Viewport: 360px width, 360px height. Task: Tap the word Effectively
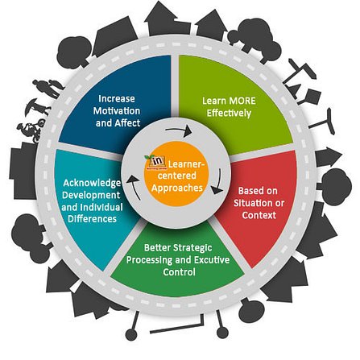pyautogui.click(x=229, y=114)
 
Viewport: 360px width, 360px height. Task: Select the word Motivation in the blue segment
pyautogui.click(x=117, y=111)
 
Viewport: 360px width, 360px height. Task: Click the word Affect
pyautogui.click(x=127, y=123)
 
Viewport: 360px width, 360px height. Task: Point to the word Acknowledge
pyautogui.click(x=92, y=183)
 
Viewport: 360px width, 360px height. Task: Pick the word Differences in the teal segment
pyautogui.click(x=92, y=218)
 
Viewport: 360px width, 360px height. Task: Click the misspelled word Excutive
pyautogui.click(x=212, y=260)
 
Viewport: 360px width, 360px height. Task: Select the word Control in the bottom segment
pyautogui.click(x=179, y=272)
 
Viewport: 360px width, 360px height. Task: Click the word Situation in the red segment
pyautogui.click(x=250, y=203)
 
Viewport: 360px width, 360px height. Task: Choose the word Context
pyautogui.click(x=259, y=215)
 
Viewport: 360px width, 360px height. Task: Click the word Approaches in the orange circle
pyautogui.click(x=176, y=188)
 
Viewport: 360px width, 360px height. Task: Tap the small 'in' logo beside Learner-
pyautogui.click(x=155, y=162)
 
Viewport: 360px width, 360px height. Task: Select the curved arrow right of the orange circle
pyautogui.click(x=218, y=183)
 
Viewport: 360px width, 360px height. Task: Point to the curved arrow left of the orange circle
pyautogui.click(x=133, y=185)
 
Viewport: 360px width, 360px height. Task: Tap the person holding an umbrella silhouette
pyautogui.click(x=38, y=107)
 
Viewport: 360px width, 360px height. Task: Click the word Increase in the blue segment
pyautogui.click(x=117, y=99)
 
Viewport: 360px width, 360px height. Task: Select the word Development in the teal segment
pyautogui.click(x=91, y=195)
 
